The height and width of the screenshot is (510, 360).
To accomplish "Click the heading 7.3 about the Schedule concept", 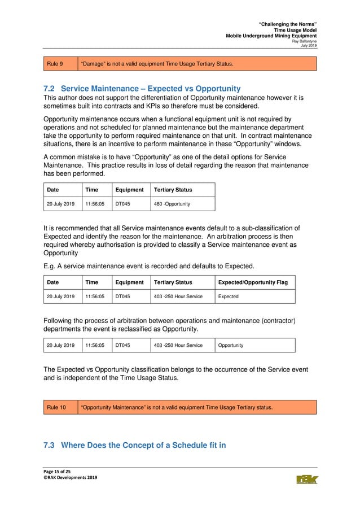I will pyautogui.click(x=134, y=446).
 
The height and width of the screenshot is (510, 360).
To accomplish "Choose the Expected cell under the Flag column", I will pyautogui.click(x=229, y=297).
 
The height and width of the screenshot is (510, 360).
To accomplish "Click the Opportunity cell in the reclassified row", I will pyautogui.click(x=231, y=345).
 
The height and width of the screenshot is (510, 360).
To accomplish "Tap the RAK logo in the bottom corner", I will pyautogui.click(x=307, y=480).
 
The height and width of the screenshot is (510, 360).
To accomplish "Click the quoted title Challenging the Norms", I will pyautogui.click(x=287, y=24).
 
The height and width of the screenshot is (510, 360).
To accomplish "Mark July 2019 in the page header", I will pyautogui.click(x=308, y=46).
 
